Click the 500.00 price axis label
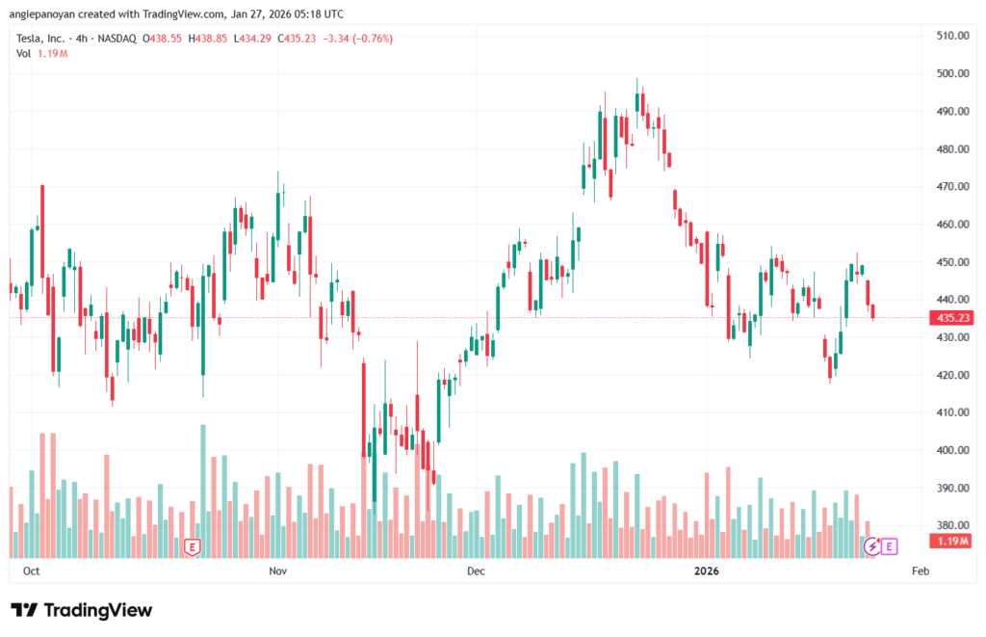click(x=951, y=73)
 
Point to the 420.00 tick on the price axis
click(x=951, y=375)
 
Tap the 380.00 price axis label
click(x=951, y=525)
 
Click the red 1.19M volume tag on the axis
click(x=951, y=541)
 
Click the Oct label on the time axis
click(x=31, y=571)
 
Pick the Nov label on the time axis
click(x=278, y=571)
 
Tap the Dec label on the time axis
click(x=476, y=571)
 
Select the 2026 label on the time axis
click(x=707, y=571)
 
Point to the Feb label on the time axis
click(x=920, y=571)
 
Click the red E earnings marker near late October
click(x=193, y=546)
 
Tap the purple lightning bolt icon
click(x=872, y=546)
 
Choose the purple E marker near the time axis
click(x=890, y=546)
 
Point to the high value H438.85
click(x=209, y=39)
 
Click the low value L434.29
click(x=253, y=39)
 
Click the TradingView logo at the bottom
click(x=81, y=610)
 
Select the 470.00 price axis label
click(x=951, y=186)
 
